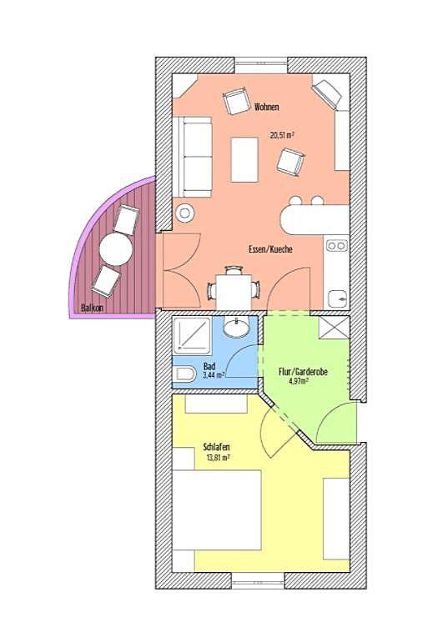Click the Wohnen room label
click(268, 107)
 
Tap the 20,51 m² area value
click(281, 133)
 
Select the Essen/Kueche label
click(270, 249)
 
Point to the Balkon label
click(93, 308)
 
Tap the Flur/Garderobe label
click(302, 373)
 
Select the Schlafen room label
click(217, 446)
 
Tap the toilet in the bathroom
click(184, 373)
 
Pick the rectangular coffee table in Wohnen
click(244, 159)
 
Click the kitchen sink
click(338, 297)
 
